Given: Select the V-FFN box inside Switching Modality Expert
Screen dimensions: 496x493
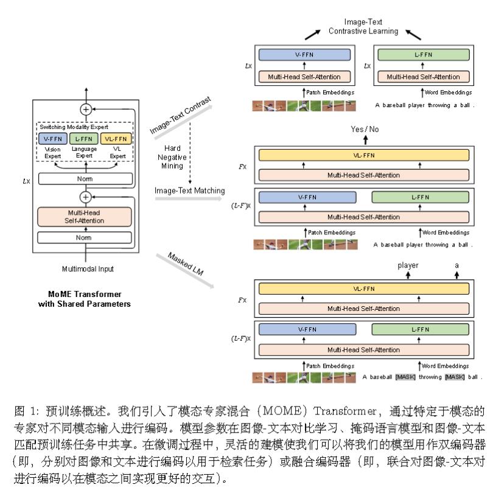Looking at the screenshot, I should [51, 138].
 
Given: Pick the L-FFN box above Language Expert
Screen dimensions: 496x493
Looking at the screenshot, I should [84, 138].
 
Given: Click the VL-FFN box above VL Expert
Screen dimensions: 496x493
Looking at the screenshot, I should [116, 138].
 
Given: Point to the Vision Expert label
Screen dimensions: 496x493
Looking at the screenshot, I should [52, 152].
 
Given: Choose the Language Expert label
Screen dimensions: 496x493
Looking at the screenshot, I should [84, 152].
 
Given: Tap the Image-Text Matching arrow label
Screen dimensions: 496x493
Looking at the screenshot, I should [181, 190].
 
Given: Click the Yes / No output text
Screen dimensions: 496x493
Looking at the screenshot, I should [365, 130].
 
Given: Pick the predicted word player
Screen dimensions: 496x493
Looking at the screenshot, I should [408, 266].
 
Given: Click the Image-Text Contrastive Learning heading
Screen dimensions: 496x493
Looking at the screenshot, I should [363, 26].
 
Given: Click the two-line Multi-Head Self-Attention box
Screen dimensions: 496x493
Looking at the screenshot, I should [85, 216].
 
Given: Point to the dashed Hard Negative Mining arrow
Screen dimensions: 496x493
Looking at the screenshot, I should [191, 152].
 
